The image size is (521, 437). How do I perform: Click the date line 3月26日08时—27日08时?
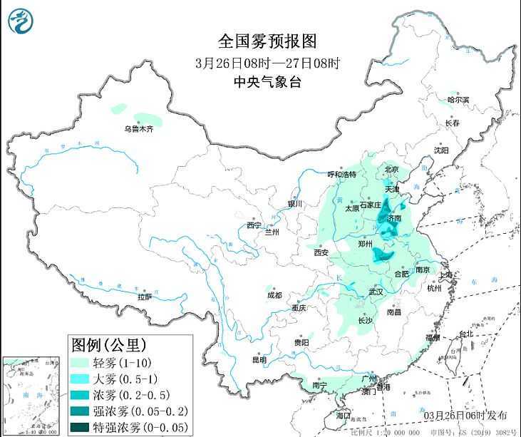click(x=267, y=62)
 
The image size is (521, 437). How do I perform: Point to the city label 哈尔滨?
click(x=458, y=101)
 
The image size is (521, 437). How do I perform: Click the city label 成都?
click(x=274, y=294)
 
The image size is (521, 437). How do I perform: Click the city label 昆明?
click(x=259, y=360)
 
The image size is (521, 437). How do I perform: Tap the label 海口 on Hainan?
click(x=344, y=414)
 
